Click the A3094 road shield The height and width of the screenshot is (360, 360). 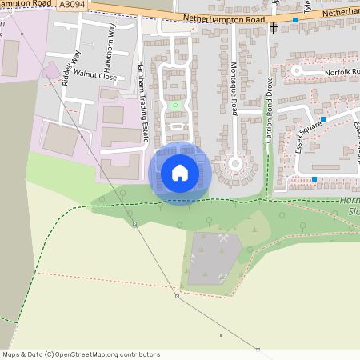tap(73, 4)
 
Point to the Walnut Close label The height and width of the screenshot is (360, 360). tap(95, 78)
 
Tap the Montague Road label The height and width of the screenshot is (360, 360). tap(234, 87)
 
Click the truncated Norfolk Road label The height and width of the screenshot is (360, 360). tap(342, 71)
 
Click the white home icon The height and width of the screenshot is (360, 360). tap(180, 172)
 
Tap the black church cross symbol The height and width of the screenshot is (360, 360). tap(274, 28)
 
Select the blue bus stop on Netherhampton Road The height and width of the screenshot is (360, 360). tap(295, 19)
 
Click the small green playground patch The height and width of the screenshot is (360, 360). tap(175, 105)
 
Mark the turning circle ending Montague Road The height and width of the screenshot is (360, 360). tap(235, 164)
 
